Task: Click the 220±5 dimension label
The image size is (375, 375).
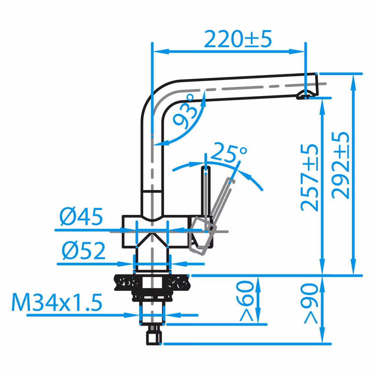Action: (x=238, y=39)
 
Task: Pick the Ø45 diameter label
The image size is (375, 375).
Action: (x=81, y=217)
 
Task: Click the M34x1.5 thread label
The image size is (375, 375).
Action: (x=57, y=303)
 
